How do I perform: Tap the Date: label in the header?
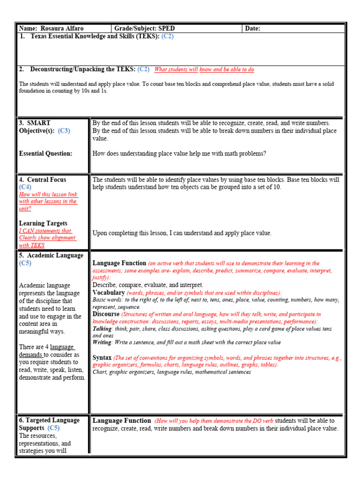click(x=253, y=29)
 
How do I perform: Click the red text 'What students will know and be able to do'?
click(x=204, y=70)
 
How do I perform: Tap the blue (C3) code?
click(x=64, y=131)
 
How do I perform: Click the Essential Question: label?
click(x=45, y=153)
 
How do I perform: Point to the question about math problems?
click(x=179, y=153)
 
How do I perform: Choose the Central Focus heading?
click(x=43, y=180)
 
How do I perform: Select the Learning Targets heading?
click(x=43, y=224)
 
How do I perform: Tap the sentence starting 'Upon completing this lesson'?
click(x=182, y=233)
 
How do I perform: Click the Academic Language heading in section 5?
click(x=51, y=255)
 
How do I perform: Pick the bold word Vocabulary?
click(x=108, y=292)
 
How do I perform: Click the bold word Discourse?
click(x=106, y=314)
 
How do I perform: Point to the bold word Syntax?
click(x=102, y=358)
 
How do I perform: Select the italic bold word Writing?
click(x=102, y=343)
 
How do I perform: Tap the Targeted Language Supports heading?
click(x=49, y=424)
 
